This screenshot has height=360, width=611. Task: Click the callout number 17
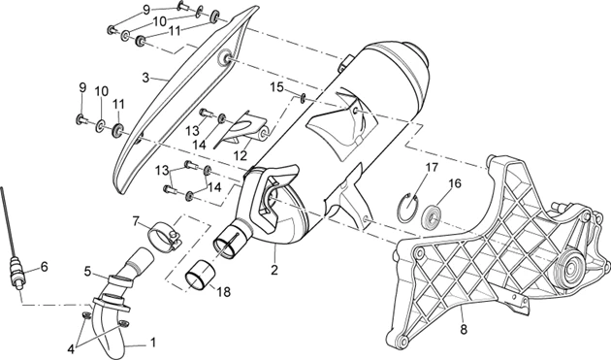point(432,168)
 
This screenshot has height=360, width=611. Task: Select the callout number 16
point(454,183)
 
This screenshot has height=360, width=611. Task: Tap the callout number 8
point(464,330)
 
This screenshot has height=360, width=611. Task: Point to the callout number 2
point(274,270)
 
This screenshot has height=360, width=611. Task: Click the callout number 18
point(224,292)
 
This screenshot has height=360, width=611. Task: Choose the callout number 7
point(136,221)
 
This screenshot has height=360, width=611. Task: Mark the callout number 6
point(44,267)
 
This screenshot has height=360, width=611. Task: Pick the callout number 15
point(277,87)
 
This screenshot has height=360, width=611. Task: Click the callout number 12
point(241,155)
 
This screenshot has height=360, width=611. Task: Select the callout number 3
point(145,78)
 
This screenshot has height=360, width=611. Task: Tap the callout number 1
point(153,343)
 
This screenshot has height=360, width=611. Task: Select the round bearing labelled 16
point(433,216)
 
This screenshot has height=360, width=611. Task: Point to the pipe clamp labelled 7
point(165,237)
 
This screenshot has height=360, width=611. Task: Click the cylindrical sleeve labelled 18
point(200,276)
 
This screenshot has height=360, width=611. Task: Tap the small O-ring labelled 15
point(304,97)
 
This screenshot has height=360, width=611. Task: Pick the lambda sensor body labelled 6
point(16,270)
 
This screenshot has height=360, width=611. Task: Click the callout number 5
point(87,271)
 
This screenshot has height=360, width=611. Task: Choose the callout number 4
point(71,337)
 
